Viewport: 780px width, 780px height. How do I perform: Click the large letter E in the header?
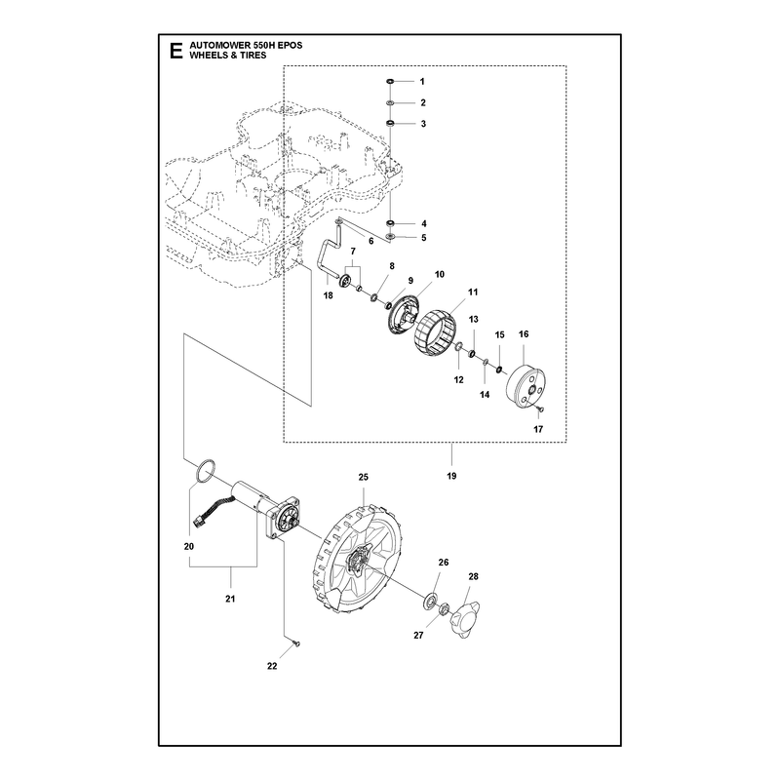[x=175, y=51]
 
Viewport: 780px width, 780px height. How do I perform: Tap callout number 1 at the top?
[x=422, y=82]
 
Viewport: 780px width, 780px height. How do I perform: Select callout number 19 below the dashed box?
[x=451, y=476]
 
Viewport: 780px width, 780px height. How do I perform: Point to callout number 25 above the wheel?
[x=364, y=477]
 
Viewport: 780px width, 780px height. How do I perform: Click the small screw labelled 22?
[x=297, y=644]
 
